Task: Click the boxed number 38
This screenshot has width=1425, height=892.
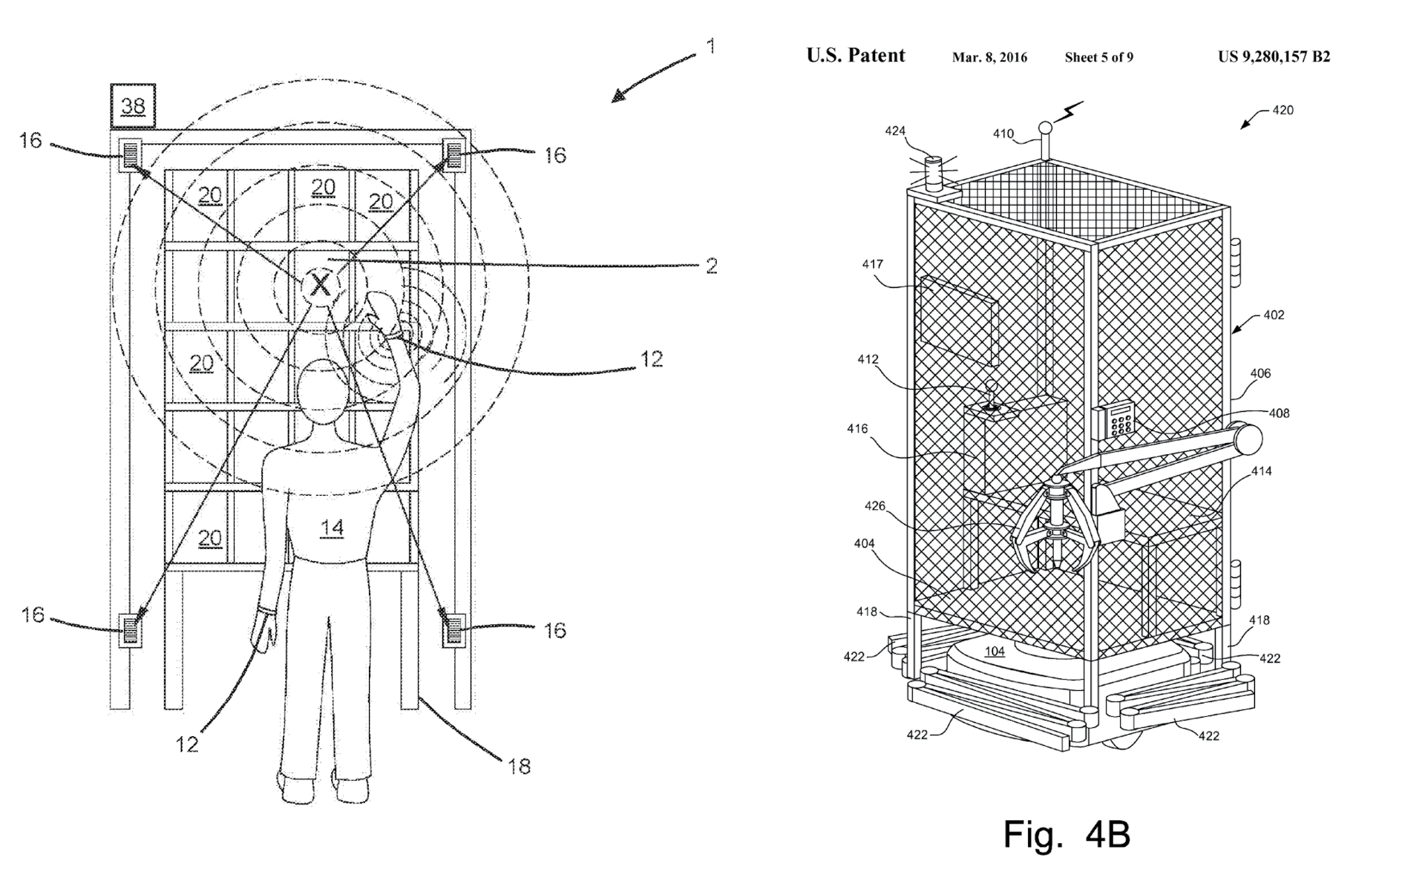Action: pyautogui.click(x=134, y=106)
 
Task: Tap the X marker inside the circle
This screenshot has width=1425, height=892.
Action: pyautogui.click(x=320, y=283)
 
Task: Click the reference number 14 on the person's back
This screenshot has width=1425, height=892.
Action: pyautogui.click(x=332, y=527)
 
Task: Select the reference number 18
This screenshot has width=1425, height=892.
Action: pyautogui.click(x=519, y=766)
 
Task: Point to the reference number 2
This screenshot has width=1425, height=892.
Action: pyautogui.click(x=711, y=266)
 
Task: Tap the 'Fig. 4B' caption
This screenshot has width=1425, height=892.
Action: pyautogui.click(x=1067, y=834)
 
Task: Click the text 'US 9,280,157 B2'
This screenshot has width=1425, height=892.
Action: pyautogui.click(x=1274, y=57)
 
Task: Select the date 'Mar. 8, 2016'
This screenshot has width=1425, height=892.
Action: pyautogui.click(x=989, y=58)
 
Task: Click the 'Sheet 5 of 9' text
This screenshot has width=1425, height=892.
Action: pyautogui.click(x=1098, y=58)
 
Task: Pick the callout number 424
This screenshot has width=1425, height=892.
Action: pyautogui.click(x=895, y=131)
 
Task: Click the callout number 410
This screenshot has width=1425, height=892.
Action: pyautogui.click(x=1003, y=134)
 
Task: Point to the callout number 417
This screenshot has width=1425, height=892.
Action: pyautogui.click(x=872, y=264)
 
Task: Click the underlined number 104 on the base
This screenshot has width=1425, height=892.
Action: pyautogui.click(x=995, y=652)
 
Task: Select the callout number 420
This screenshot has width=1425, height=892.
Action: pyautogui.click(x=1282, y=110)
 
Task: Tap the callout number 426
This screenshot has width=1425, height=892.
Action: pyautogui.click(x=875, y=505)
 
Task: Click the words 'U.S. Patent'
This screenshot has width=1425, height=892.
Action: pyautogui.click(x=856, y=56)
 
